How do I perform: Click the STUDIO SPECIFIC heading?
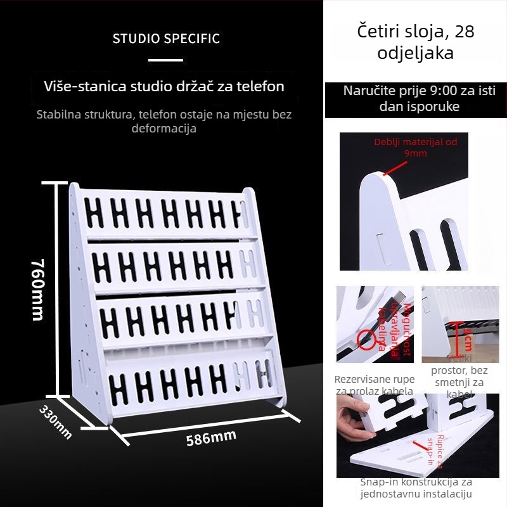pos(166,39)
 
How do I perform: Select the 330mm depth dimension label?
pos(56,422)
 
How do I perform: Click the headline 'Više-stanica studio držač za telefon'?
pos(164,86)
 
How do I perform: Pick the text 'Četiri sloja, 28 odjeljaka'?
pos(415,42)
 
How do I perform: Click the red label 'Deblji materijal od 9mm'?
pos(415,148)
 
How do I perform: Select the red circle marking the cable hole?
pos(364,339)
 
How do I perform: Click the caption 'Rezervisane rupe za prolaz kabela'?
pos(375,385)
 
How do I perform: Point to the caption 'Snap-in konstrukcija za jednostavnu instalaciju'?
pos(416,488)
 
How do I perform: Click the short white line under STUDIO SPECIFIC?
pos(165,60)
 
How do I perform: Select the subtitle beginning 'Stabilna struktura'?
pos(164,122)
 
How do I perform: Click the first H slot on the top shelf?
pos(94,212)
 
